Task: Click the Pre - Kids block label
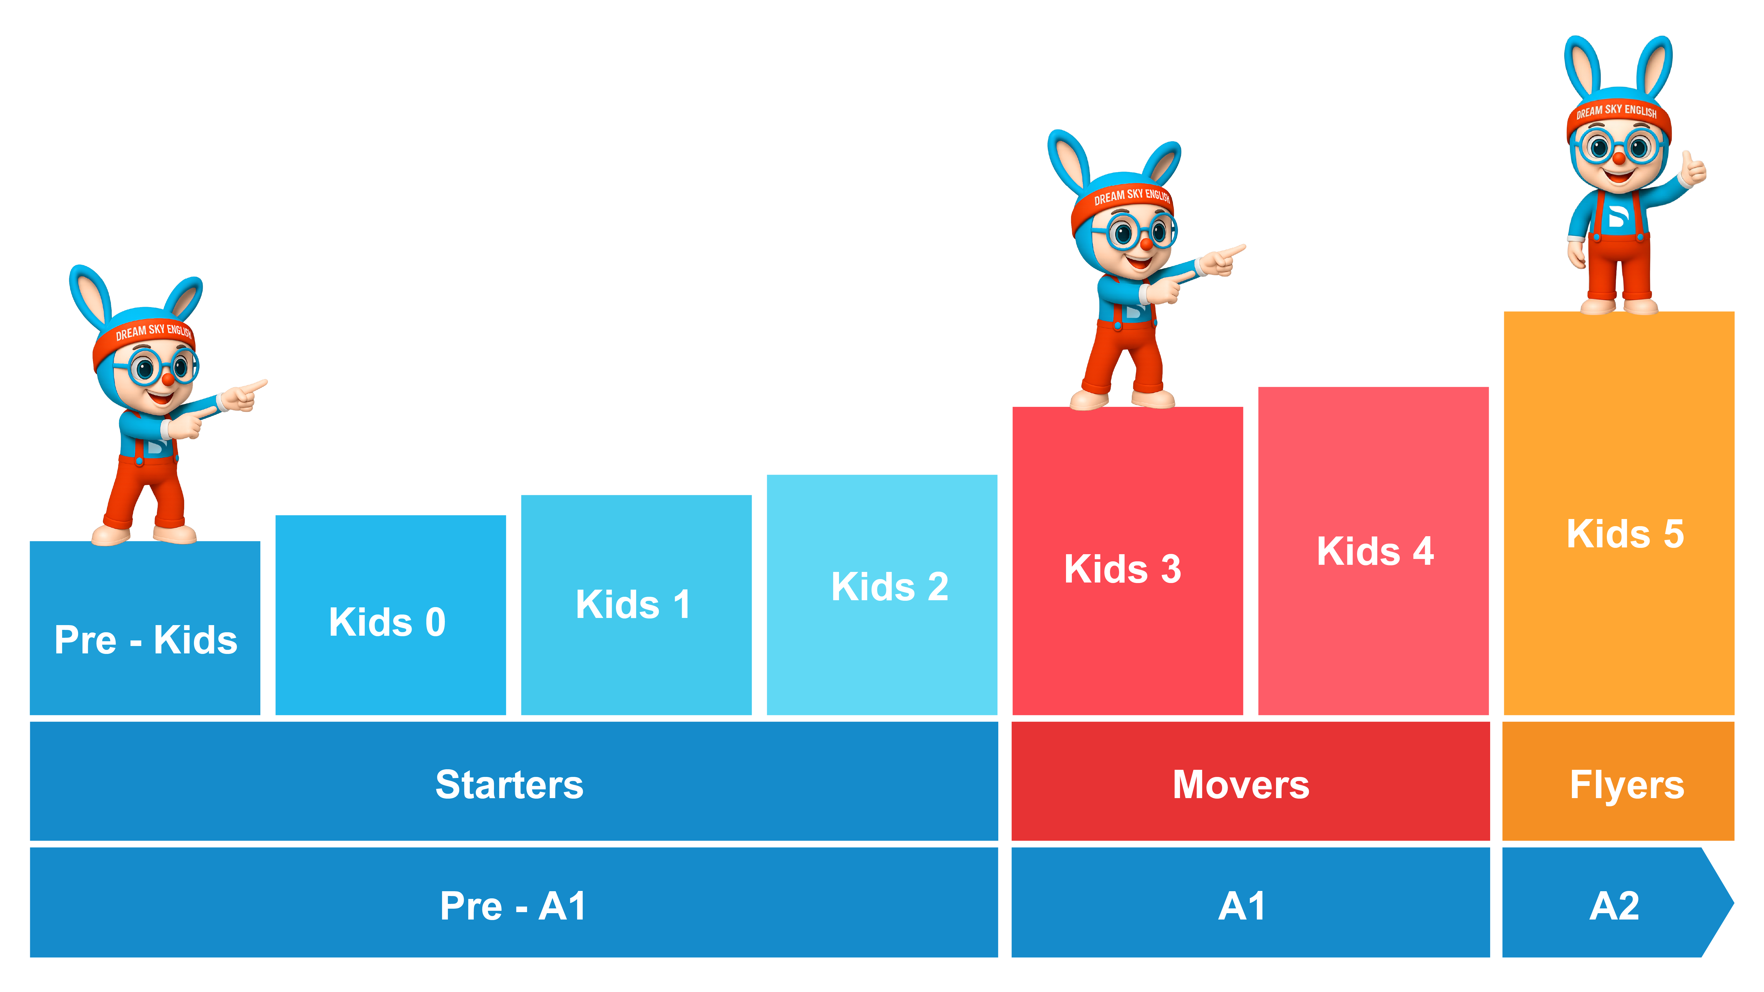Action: [x=146, y=640]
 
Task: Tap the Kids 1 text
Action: [x=633, y=604]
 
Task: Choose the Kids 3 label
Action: [x=1123, y=569]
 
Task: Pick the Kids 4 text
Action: [x=1375, y=551]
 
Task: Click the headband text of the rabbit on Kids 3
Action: [x=1131, y=197]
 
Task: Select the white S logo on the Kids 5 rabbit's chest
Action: [x=1617, y=216]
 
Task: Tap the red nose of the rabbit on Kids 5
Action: [x=1619, y=158]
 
